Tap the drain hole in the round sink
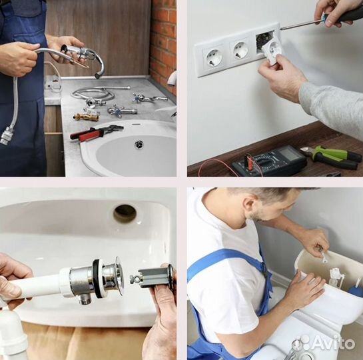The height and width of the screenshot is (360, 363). (x=139, y=144)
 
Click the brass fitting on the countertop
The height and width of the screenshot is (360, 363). (x=86, y=117)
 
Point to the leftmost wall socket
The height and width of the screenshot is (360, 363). (x=213, y=57)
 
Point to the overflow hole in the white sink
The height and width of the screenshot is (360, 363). (x=125, y=213)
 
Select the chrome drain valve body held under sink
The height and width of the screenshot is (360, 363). (x=93, y=281)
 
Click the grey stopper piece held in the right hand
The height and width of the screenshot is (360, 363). (x=153, y=277)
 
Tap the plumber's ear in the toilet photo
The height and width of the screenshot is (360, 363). (x=248, y=206)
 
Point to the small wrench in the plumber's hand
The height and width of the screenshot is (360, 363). (x=324, y=256)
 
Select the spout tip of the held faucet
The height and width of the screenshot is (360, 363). (x=98, y=75)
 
